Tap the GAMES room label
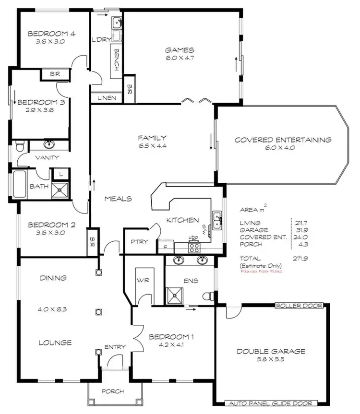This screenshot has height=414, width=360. (x=180, y=50)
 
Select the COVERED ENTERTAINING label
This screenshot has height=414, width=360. (x=283, y=140)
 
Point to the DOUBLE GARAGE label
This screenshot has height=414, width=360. (x=271, y=351)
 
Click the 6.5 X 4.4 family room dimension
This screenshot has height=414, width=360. (x=152, y=146)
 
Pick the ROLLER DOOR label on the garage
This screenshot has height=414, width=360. (x=299, y=305)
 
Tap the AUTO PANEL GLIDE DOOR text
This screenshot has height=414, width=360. (x=271, y=403)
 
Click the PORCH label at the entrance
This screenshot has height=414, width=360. (x=113, y=391)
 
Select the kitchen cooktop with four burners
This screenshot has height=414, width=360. (x=194, y=247)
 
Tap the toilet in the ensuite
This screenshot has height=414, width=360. (x=208, y=294)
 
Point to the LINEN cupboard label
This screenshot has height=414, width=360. (x=107, y=98)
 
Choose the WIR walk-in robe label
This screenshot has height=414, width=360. (x=142, y=280)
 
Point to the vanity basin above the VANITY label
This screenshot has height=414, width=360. (x=49, y=144)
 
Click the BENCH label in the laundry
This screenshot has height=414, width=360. (x=117, y=59)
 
